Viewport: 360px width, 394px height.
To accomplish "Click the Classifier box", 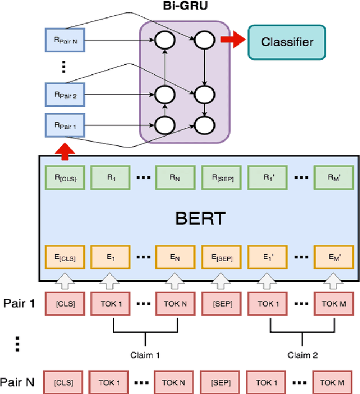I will (x=286, y=42).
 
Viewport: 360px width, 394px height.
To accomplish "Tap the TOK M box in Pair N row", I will (x=334, y=382).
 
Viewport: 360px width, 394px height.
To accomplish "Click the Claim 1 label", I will (x=146, y=355).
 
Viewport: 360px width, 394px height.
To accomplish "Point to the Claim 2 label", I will (x=302, y=355).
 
